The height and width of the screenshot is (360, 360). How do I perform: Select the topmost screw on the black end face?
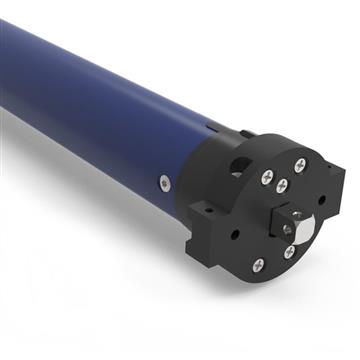click(x=301, y=165)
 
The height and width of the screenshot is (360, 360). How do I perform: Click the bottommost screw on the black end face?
click(x=258, y=265)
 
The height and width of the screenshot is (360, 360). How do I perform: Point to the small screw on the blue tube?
click(x=165, y=182)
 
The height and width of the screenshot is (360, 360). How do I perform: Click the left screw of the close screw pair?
click(x=266, y=177)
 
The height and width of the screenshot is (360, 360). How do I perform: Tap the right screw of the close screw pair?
click(x=283, y=184)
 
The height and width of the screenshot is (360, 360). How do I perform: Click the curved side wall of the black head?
click(x=210, y=185)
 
